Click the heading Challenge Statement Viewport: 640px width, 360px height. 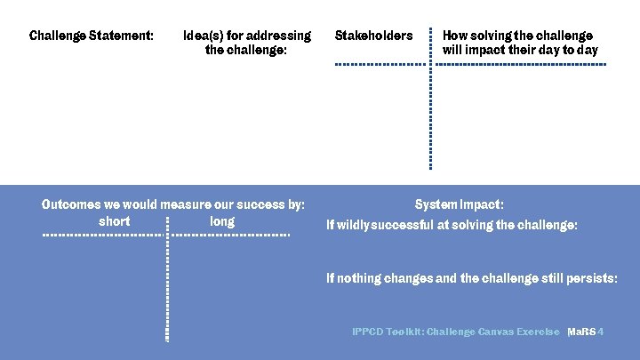pos(91,36)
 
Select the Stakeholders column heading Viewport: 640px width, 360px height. pos(373,36)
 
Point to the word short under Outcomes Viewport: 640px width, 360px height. pos(115,221)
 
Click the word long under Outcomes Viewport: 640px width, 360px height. pos(222,221)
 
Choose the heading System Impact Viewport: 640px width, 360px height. pos(459,204)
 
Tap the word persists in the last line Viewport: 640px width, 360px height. pos(590,278)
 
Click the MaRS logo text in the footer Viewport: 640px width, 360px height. pos(582,332)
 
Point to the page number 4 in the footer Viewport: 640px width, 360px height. pos(602,332)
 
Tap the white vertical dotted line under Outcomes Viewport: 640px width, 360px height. pos(167,284)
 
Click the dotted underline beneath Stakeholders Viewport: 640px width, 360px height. pos(380,65)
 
